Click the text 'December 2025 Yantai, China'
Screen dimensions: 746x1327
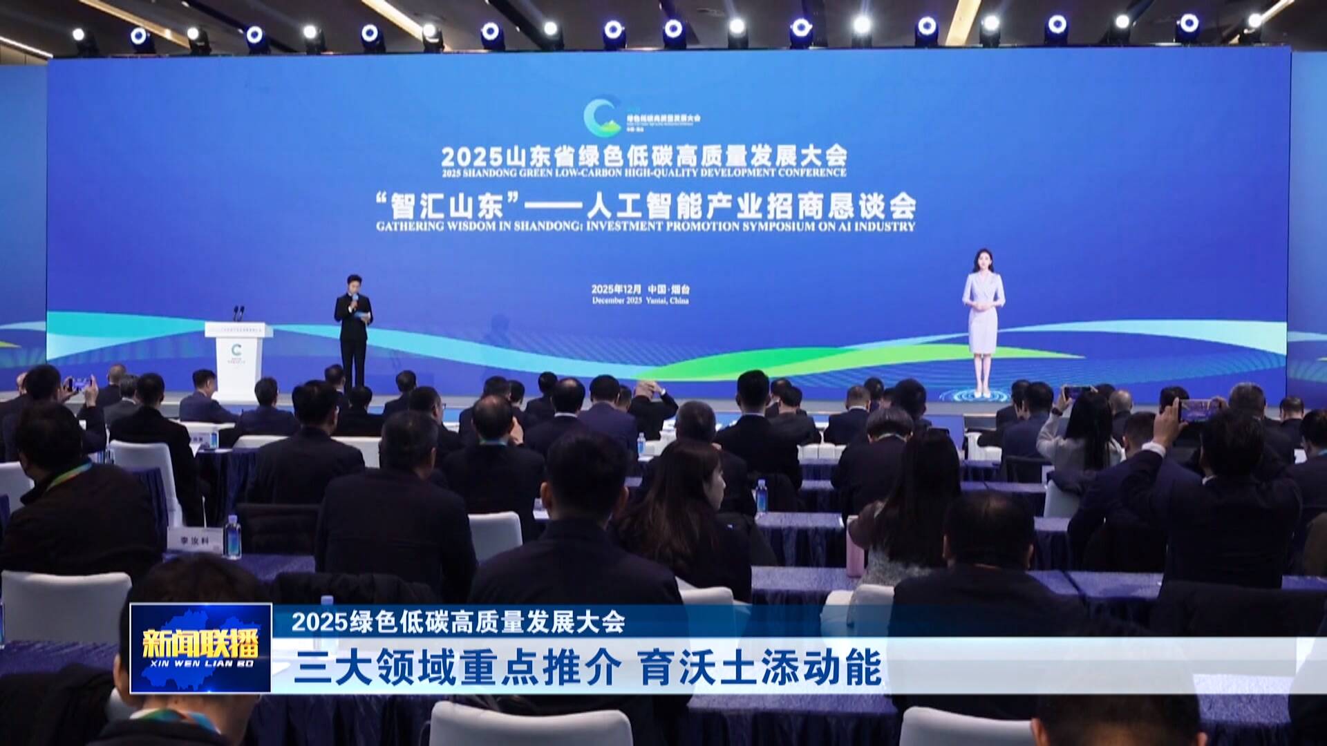640,300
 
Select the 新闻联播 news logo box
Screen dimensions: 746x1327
200,647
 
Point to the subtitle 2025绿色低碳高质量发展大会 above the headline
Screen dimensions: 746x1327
458,622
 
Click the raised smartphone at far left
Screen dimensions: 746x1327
79,383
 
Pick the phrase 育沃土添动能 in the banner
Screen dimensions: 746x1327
760,668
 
